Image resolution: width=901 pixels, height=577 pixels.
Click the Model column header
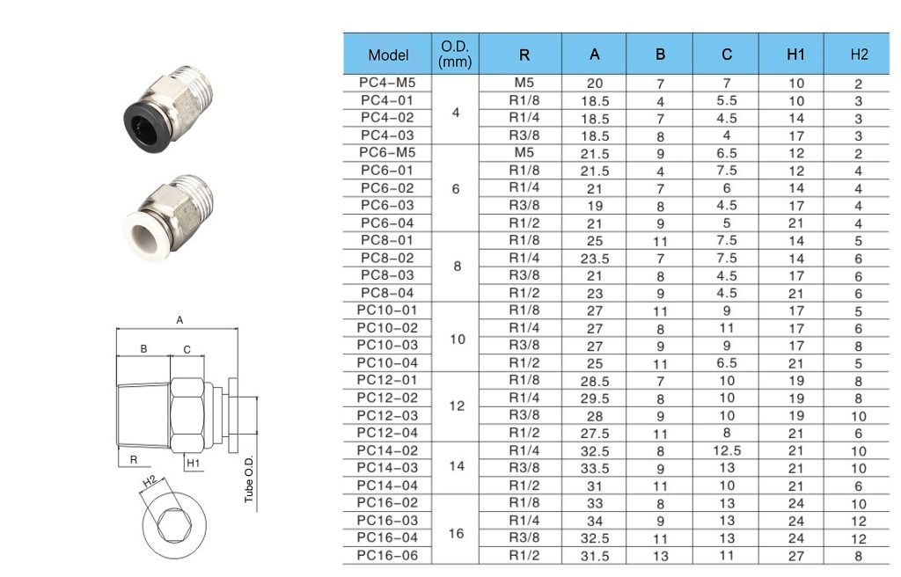(x=388, y=55)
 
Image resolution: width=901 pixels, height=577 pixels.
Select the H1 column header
(x=795, y=55)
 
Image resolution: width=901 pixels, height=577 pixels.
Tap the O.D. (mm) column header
(x=455, y=54)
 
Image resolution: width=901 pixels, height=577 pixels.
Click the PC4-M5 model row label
(x=387, y=83)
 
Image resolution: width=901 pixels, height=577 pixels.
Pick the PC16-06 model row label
(x=387, y=555)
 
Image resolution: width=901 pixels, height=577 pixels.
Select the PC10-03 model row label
(x=387, y=345)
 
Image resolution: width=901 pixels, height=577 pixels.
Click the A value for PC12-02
(x=595, y=398)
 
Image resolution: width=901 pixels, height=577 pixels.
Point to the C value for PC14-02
(x=726, y=450)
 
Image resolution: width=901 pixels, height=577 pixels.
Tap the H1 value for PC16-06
(x=795, y=556)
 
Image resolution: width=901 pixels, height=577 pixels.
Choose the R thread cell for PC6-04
(x=524, y=223)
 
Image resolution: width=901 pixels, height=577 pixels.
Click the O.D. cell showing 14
(x=457, y=466)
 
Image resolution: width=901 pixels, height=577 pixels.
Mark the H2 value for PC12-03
(x=858, y=416)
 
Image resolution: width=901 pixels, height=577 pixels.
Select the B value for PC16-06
(x=660, y=556)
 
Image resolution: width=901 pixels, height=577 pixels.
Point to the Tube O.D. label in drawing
(x=249, y=478)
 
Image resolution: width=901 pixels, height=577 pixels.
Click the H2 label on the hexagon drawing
(x=149, y=482)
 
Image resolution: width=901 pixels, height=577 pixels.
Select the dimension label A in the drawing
(x=179, y=320)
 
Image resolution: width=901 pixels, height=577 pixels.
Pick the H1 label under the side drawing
(x=193, y=464)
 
